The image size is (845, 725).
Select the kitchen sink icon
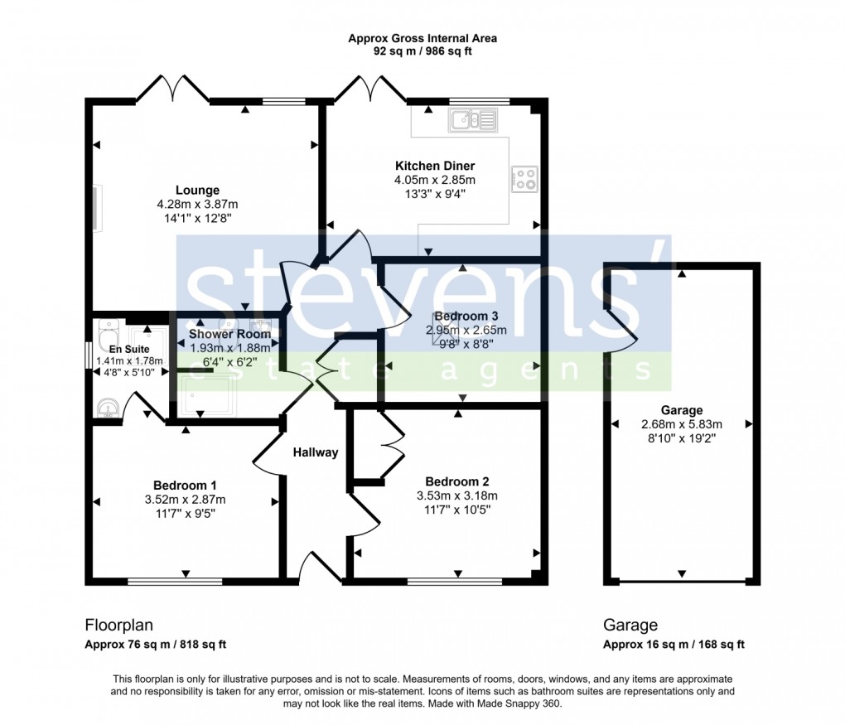click(x=472, y=122)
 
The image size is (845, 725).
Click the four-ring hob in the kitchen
click(x=524, y=179)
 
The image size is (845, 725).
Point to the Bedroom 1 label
click(x=185, y=486)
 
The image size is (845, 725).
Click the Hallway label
click(x=315, y=452)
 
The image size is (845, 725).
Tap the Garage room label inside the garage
click(x=681, y=410)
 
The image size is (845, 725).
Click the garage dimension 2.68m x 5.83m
click(x=681, y=424)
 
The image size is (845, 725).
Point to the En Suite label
click(x=121, y=350)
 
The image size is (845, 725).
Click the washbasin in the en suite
click(x=107, y=407)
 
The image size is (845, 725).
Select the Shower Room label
click(x=225, y=335)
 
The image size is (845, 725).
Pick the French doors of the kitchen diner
click(x=371, y=89)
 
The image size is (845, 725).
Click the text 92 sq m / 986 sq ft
click(x=422, y=51)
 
